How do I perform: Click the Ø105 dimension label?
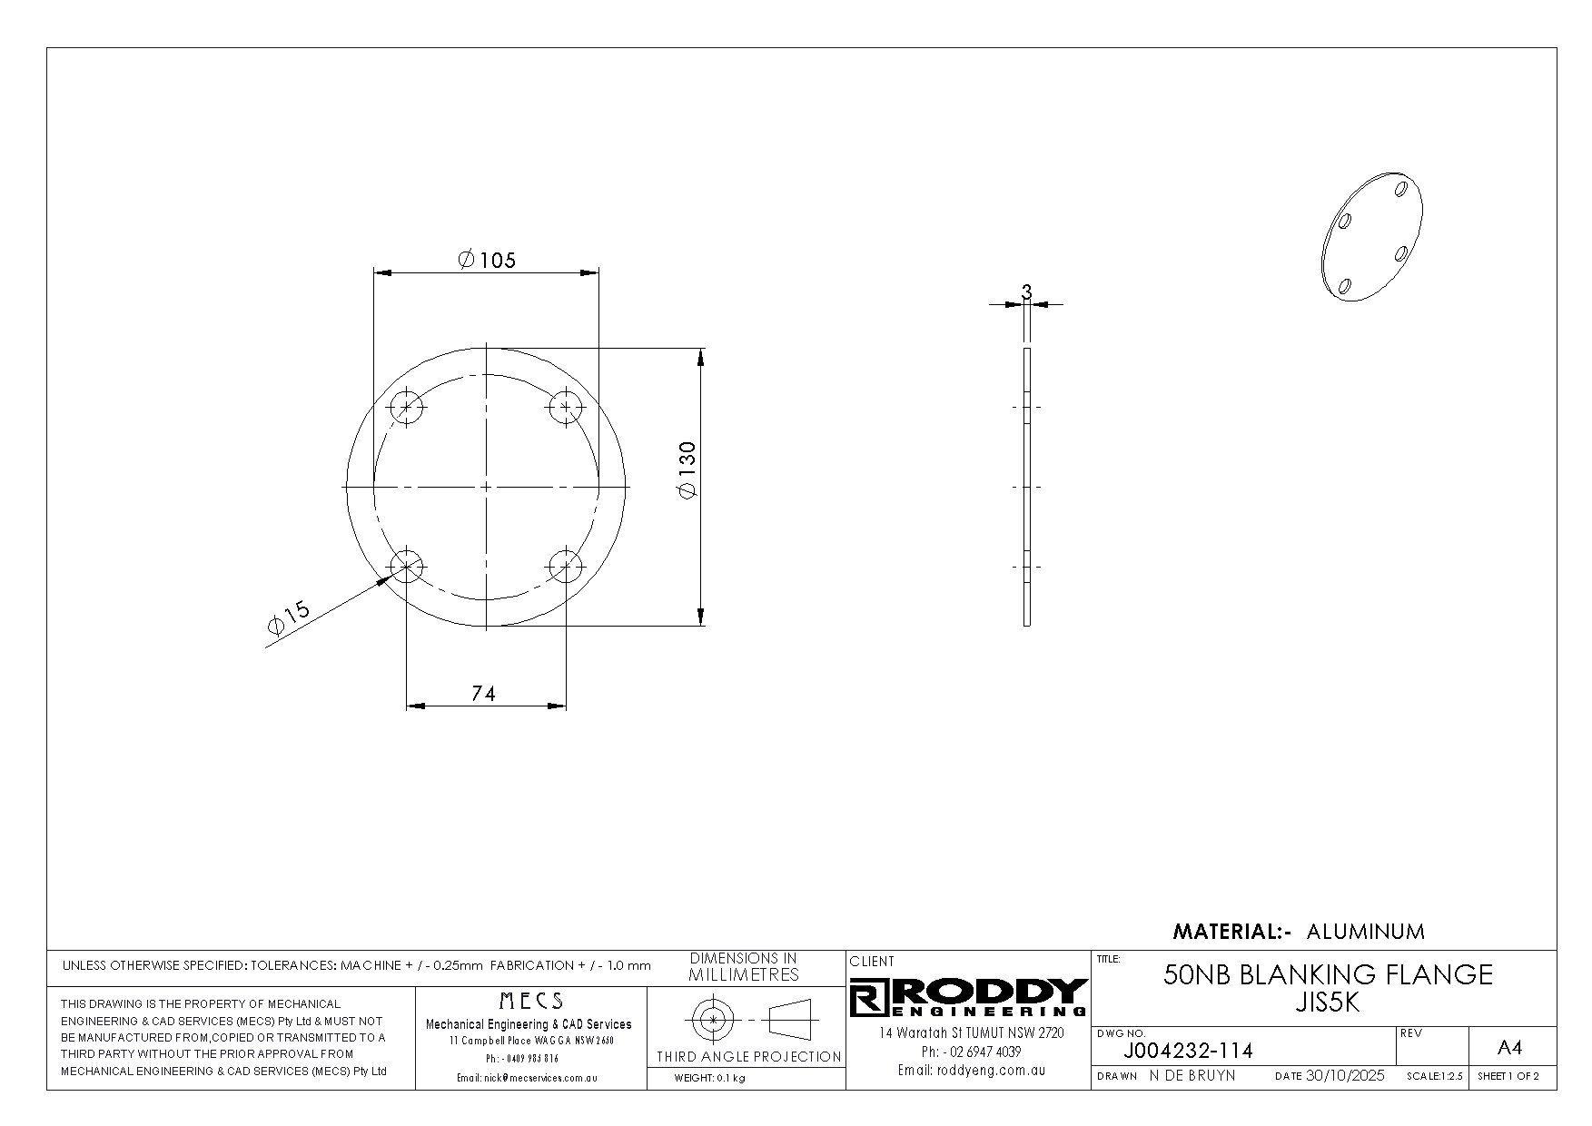(487, 261)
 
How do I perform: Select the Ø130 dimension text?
(687, 469)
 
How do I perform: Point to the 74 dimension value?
(484, 694)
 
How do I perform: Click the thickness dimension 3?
(1026, 292)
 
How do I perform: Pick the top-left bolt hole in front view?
(407, 407)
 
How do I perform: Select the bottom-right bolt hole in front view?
(566, 567)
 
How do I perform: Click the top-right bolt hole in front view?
(566, 407)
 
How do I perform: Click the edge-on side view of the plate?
(1027, 487)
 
